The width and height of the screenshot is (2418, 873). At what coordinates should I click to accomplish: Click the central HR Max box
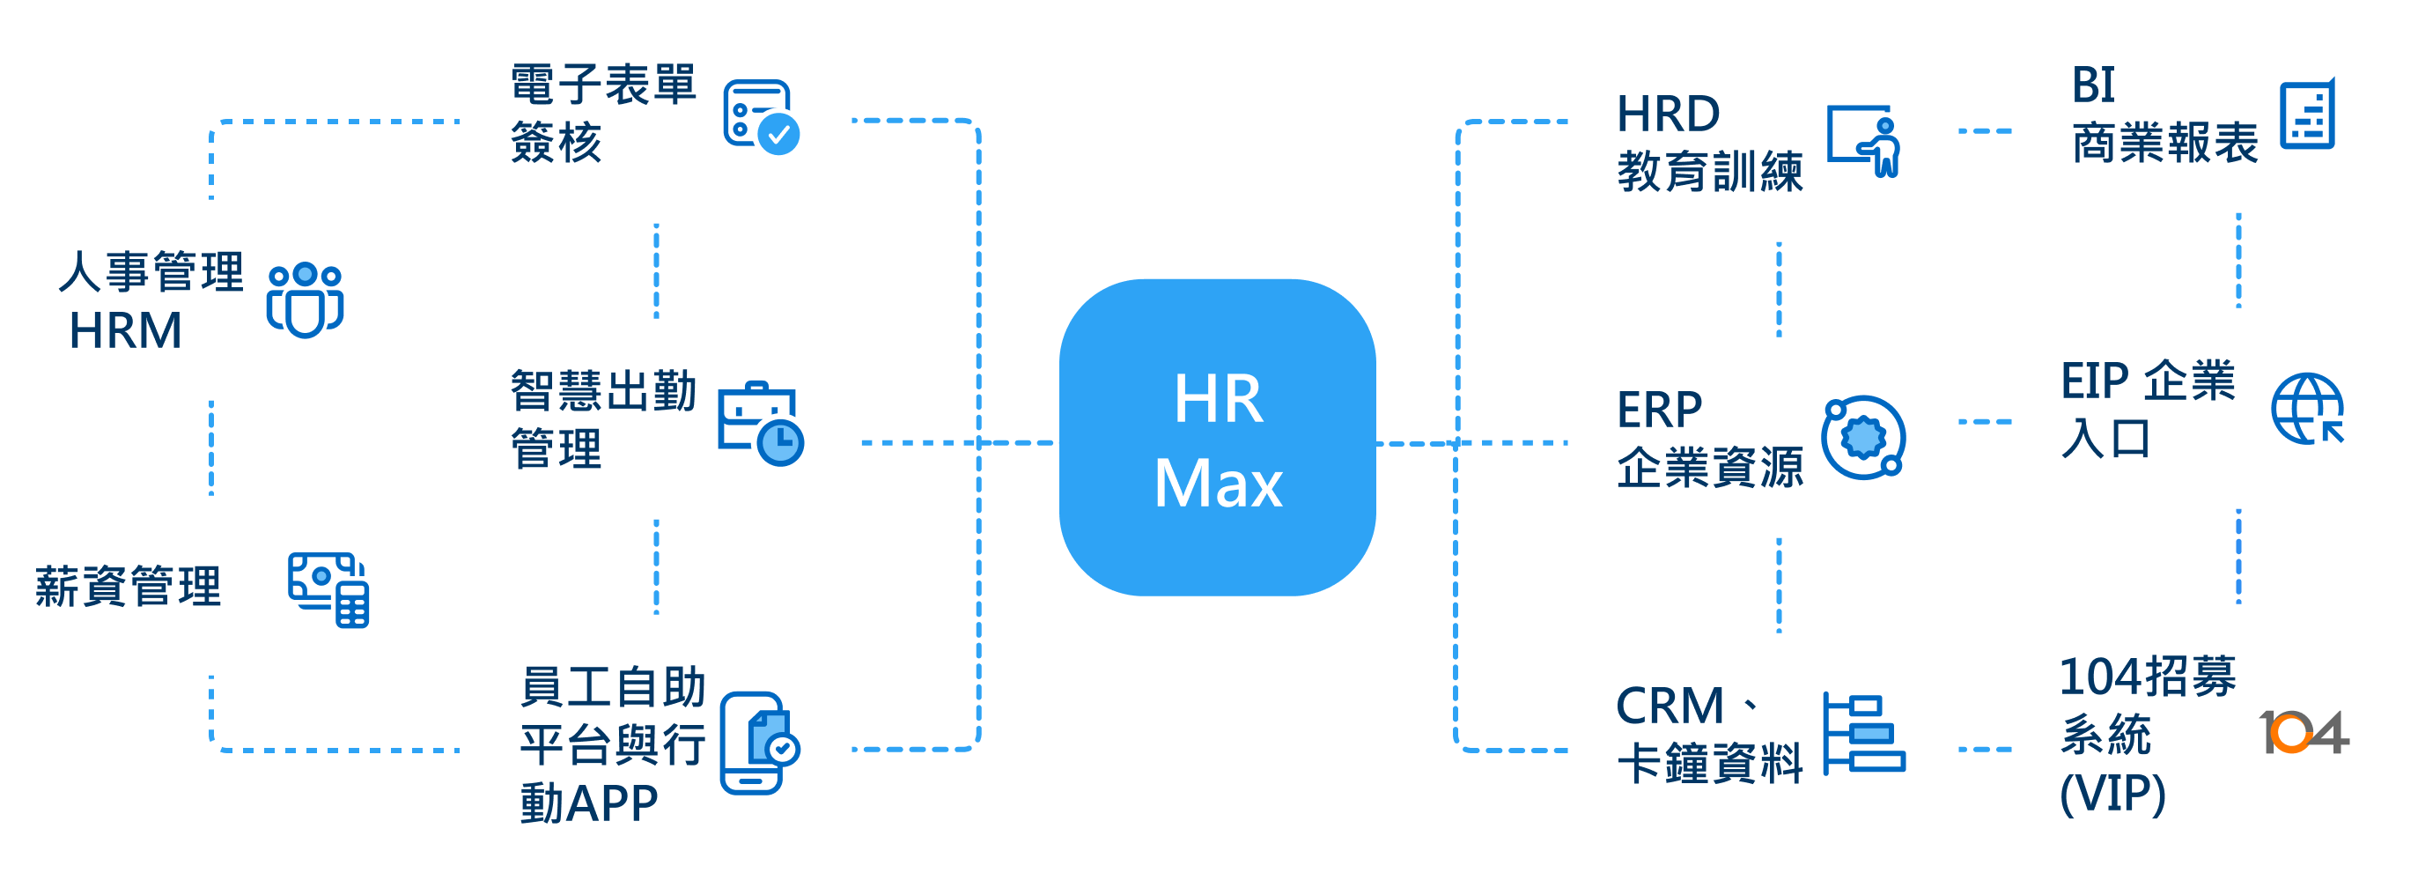pos(1218,438)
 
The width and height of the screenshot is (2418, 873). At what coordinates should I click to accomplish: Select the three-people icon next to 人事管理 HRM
pos(305,300)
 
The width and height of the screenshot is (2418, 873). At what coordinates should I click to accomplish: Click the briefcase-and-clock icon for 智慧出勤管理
pos(760,424)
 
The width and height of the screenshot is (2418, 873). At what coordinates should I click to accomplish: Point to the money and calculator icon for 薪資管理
pos(328,588)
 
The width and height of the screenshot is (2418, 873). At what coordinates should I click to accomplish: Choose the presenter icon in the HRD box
pos(1864,141)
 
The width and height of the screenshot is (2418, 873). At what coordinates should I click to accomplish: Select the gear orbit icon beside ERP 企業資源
pos(1863,438)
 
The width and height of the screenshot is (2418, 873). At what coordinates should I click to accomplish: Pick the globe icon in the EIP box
pos(2307,409)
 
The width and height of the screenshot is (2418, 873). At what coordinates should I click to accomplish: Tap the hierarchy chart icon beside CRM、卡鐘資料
pos(1863,734)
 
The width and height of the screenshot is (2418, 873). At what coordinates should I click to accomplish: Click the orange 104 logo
pos(2304,732)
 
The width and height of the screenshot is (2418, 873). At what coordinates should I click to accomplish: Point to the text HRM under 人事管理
pos(125,330)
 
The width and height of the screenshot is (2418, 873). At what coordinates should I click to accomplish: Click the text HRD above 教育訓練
pos(1668,114)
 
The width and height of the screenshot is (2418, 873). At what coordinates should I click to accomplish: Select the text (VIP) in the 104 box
pos(2112,793)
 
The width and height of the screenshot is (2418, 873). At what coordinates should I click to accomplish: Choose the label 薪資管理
pos(128,587)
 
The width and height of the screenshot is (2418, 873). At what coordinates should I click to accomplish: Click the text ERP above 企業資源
pos(1659,410)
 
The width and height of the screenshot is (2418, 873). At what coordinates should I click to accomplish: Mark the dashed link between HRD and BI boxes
pos(1985,131)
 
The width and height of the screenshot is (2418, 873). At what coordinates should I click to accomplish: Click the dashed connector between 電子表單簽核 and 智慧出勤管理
pos(656,270)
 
